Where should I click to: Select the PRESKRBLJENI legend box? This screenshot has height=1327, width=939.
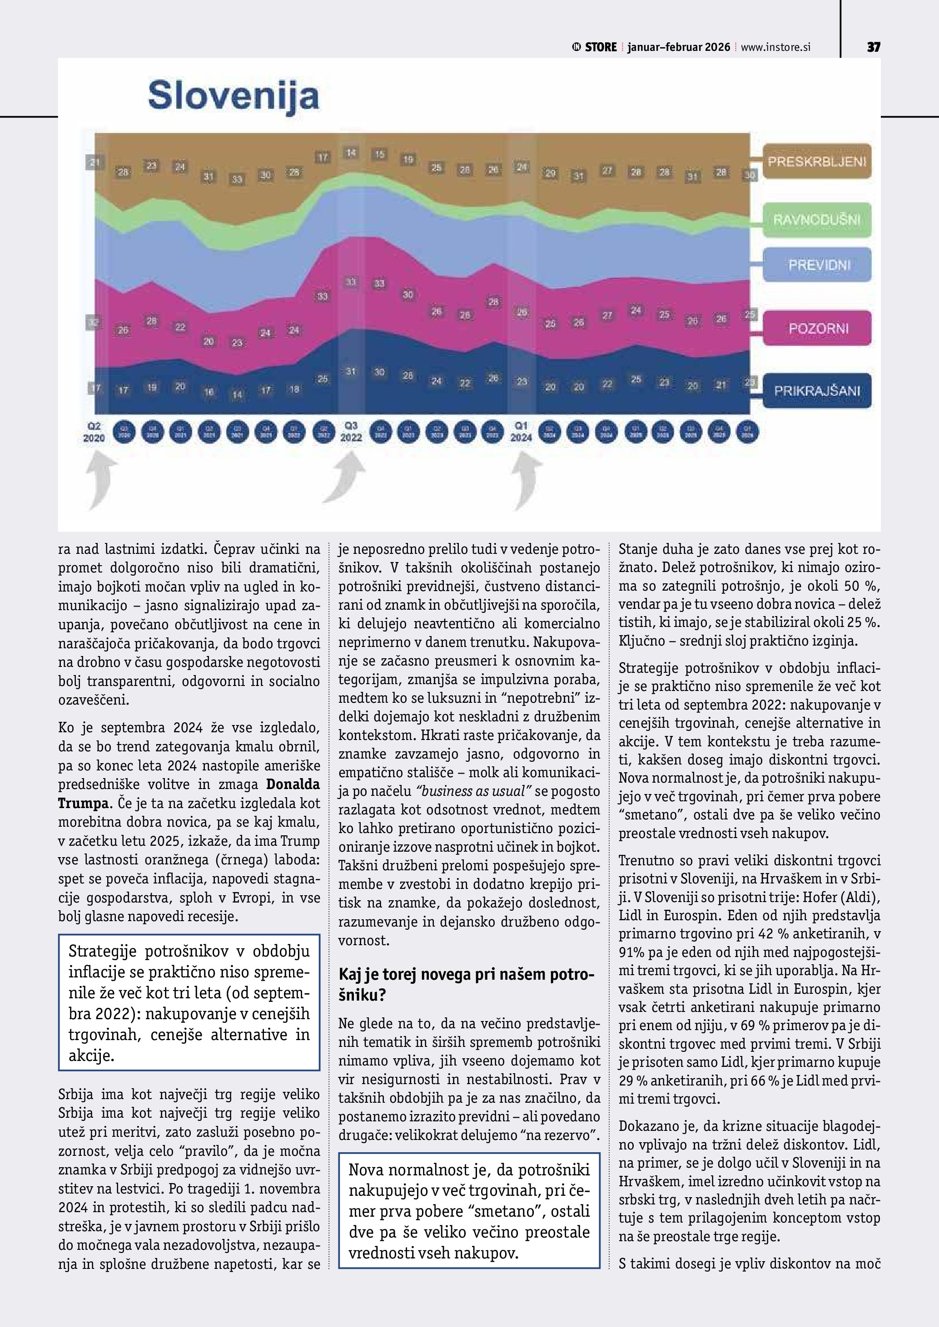click(816, 161)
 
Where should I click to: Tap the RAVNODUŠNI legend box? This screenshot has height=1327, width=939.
click(816, 220)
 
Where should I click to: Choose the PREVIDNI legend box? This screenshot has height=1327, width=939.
click(816, 265)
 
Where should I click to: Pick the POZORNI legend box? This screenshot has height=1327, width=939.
click(816, 328)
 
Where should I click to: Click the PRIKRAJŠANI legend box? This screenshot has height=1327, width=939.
click(816, 391)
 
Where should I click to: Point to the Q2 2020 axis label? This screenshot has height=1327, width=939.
click(94, 432)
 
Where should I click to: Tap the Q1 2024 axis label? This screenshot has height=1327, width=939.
click(521, 432)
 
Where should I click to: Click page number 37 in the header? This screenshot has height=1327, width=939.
click(873, 47)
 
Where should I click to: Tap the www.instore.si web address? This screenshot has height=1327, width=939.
click(775, 47)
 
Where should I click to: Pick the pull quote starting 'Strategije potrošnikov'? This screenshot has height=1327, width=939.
click(189, 1002)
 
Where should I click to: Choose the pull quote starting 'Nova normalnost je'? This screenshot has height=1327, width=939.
click(469, 1211)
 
